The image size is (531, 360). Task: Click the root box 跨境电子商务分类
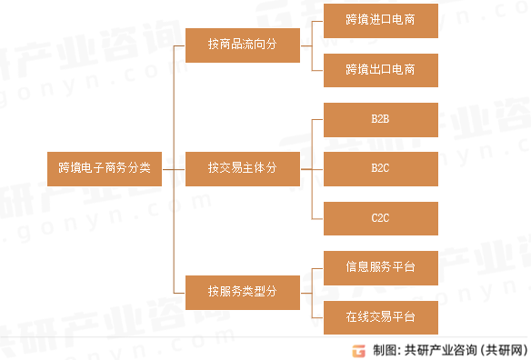tap(105, 168)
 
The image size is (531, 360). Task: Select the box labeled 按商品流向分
tap(242, 45)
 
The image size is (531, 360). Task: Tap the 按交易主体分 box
tap(242, 168)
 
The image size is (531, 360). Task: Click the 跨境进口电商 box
tap(380, 19)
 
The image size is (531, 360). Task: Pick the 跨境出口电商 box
tap(380, 69)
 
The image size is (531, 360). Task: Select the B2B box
tap(380, 119)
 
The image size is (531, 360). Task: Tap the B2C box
tap(380, 168)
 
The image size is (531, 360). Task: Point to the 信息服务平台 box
tap(380, 267)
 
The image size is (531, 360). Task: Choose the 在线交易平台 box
tap(380, 317)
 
